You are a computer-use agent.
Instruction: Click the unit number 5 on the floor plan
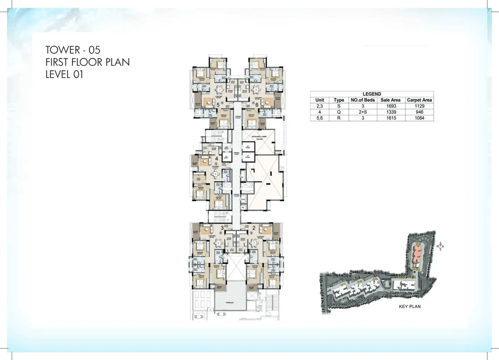(218, 105)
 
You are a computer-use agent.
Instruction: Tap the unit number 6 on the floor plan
(257, 105)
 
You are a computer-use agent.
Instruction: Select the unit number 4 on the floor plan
(217, 159)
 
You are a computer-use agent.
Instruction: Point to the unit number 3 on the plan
(222, 228)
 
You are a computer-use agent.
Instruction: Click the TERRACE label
(230, 303)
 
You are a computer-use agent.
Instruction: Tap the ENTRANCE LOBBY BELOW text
(259, 138)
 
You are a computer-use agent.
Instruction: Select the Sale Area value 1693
(391, 106)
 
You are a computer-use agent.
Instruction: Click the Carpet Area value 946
(419, 112)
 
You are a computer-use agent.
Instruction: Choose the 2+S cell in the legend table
(363, 112)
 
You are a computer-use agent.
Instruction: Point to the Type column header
(339, 100)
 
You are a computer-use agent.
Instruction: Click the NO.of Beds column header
(363, 100)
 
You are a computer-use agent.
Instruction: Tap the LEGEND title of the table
(372, 94)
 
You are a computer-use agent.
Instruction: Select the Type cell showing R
(339, 118)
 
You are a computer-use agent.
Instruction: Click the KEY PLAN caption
(409, 306)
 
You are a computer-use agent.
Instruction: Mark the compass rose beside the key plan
(440, 246)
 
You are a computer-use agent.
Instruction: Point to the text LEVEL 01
(64, 74)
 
